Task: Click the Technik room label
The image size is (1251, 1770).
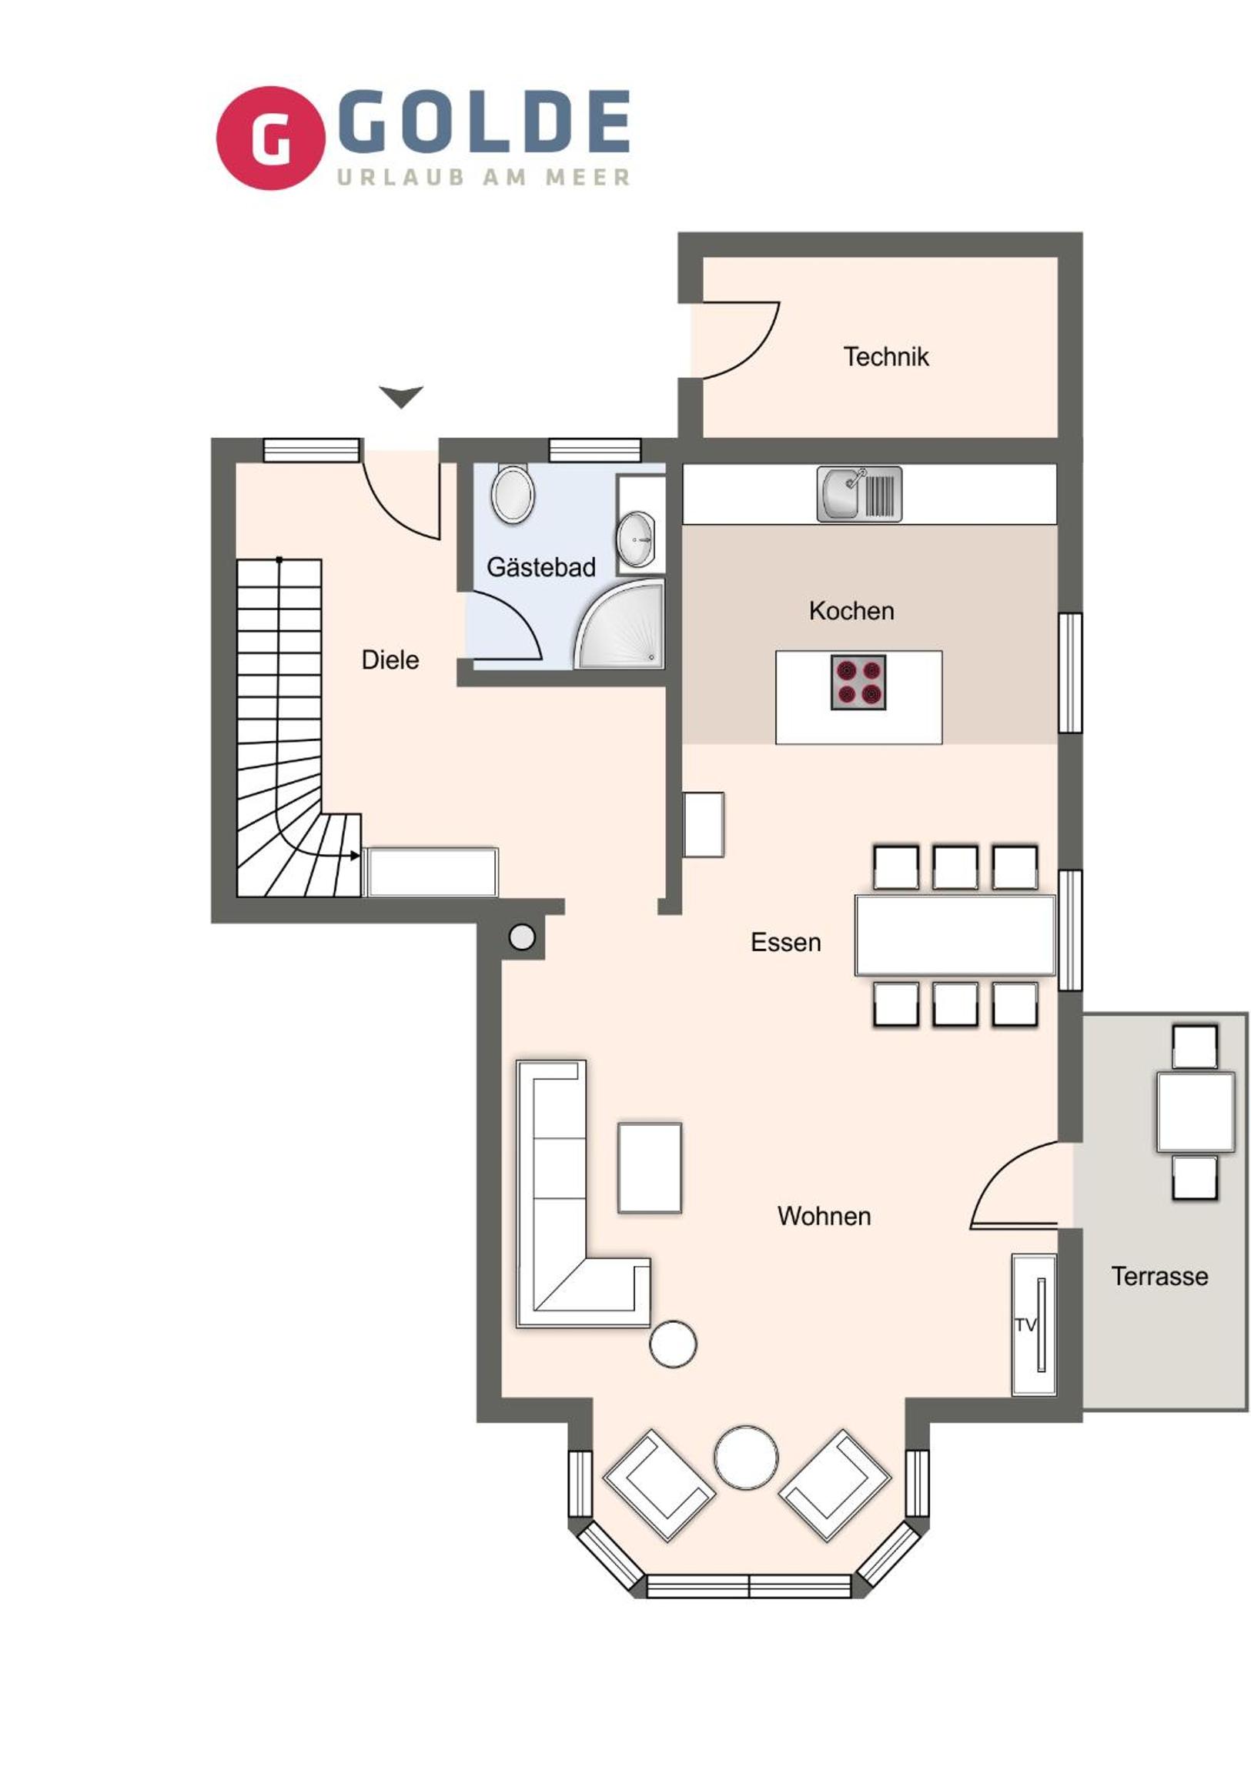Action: click(x=885, y=356)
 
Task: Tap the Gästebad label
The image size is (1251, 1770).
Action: click(x=540, y=566)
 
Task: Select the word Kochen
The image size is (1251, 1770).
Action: click(x=851, y=610)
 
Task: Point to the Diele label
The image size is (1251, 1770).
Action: click(x=390, y=659)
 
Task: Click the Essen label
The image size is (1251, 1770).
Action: click(x=786, y=942)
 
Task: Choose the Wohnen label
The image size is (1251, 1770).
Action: click(x=824, y=1216)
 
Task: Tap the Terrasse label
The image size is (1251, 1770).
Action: click(x=1159, y=1276)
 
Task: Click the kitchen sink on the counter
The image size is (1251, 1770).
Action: click(x=859, y=494)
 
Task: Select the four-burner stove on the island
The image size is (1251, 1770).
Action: click(x=858, y=683)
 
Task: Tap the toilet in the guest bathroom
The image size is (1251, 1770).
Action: click(x=513, y=493)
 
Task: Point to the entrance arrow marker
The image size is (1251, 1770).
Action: click(x=401, y=396)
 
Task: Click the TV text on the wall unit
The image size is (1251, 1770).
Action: click(x=1025, y=1324)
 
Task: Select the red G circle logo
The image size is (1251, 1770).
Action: click(x=270, y=138)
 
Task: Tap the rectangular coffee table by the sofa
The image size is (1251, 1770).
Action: click(x=650, y=1167)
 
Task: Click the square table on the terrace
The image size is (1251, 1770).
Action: click(x=1195, y=1112)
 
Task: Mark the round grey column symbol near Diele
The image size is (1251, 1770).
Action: click(x=522, y=937)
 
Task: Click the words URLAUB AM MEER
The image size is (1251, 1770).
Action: click(x=483, y=177)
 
